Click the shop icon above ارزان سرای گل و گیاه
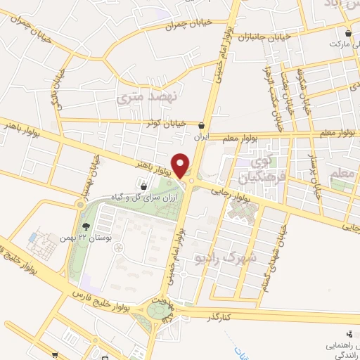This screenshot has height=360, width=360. click(x=144, y=188)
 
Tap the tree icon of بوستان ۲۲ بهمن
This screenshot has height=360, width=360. click(x=86, y=226)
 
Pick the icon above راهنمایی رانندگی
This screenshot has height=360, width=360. click(x=349, y=334)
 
